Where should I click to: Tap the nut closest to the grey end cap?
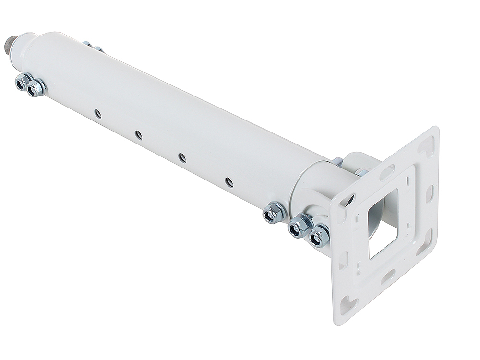tap(23, 82)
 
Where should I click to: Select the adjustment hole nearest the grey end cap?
tap(97, 113)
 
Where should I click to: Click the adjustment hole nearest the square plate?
tap(229, 182)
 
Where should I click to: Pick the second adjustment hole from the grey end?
tap(138, 135)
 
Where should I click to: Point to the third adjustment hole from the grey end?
tap(182, 157)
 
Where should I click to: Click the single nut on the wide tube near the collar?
tap(275, 212)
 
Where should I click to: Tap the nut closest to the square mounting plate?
tap(320, 236)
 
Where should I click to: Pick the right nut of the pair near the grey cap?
tap(36, 87)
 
